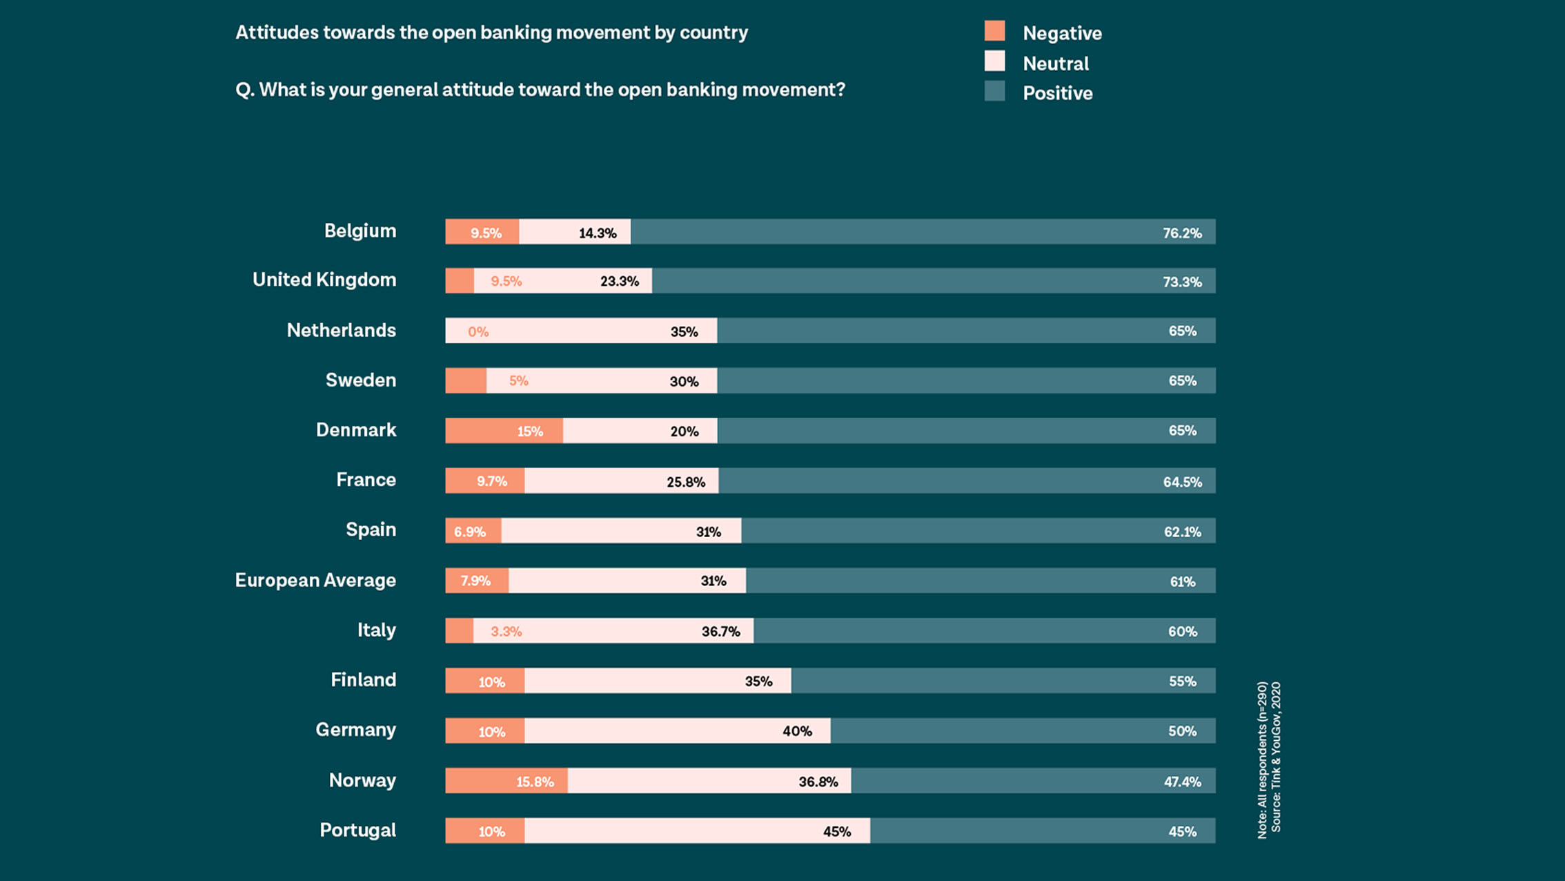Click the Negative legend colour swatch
[x=994, y=31]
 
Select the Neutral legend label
[x=1055, y=64]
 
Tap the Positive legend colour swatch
[x=994, y=91]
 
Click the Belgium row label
[x=360, y=231]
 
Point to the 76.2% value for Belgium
[x=1181, y=233]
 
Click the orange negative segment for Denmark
[x=504, y=431]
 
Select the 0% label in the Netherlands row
[x=478, y=332]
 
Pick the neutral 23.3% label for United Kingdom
[x=619, y=282]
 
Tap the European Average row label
[x=315, y=580]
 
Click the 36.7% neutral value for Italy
[x=720, y=632]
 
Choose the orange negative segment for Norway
[x=506, y=782]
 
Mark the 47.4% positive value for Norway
[x=1181, y=782]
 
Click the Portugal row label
[x=357, y=830]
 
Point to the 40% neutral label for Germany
[x=797, y=731]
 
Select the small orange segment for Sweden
[x=466, y=381]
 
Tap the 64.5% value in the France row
[x=1181, y=482]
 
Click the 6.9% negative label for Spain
[x=470, y=532]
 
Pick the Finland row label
[x=363, y=680]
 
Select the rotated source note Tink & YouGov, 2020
[x=1276, y=757]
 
